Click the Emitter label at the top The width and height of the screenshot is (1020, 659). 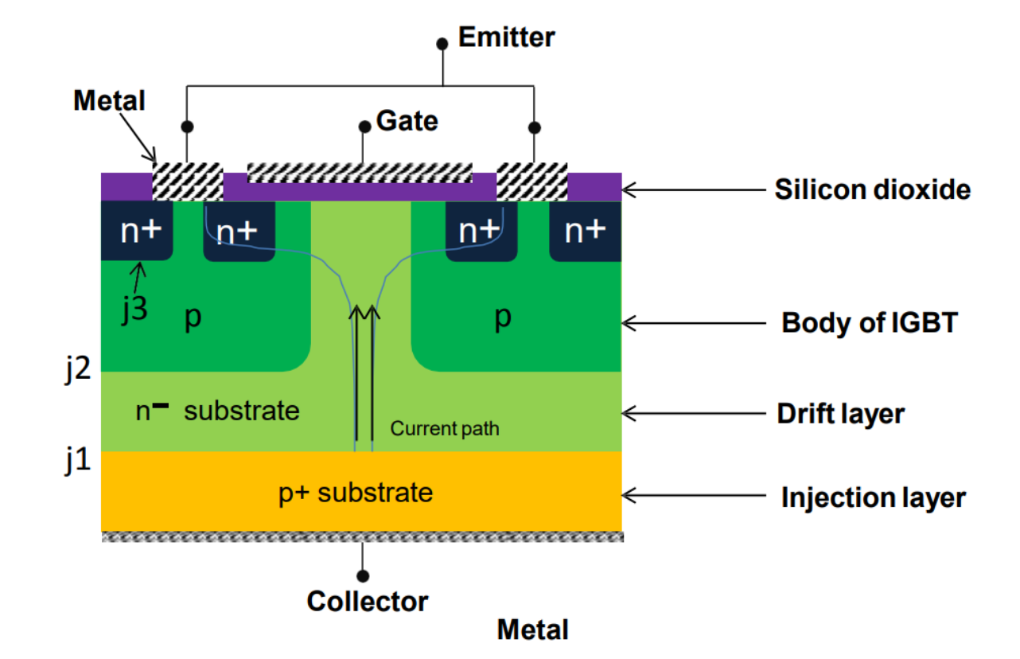click(507, 37)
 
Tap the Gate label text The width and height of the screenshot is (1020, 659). click(407, 121)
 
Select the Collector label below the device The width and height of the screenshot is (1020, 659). click(368, 601)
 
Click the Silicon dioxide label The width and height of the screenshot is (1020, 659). click(873, 190)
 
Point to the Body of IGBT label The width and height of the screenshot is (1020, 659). click(869, 323)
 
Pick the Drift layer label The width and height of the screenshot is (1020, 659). click(840, 414)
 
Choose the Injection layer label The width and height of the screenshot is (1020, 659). click(873, 497)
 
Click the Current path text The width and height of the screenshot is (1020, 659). click(445, 430)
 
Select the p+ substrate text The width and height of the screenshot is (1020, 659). click(355, 492)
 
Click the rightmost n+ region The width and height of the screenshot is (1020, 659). click(585, 231)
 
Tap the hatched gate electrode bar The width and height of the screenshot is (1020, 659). click(360, 172)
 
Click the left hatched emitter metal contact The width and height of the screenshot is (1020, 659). click(187, 181)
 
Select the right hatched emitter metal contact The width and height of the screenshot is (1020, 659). click(532, 181)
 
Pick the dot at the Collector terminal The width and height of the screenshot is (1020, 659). click(363, 575)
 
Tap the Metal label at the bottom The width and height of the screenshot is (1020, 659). click(532, 630)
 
